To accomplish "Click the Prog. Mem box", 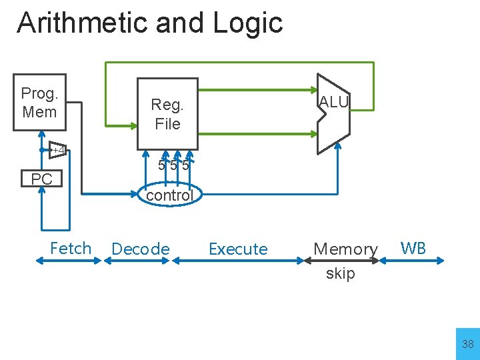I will (39, 103).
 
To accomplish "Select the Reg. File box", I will (167, 113).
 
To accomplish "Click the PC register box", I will (42, 179).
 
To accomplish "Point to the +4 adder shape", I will (59, 150).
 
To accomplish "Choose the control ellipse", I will (169, 195).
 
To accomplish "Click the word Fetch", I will (71, 248).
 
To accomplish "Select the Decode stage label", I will (141, 249).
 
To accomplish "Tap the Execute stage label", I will (238, 249).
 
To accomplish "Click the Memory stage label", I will (345, 249).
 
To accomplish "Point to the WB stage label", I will (413, 248).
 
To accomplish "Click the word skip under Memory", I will (341, 273).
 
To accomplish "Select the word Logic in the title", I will (248, 23).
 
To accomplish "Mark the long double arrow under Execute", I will (240, 261).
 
